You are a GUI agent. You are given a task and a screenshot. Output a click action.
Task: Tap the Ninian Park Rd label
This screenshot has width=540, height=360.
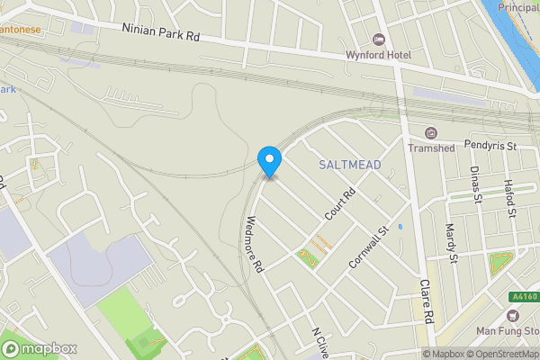coord(160,33)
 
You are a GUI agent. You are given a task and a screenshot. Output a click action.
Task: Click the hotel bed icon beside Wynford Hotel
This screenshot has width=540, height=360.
coord(377,40)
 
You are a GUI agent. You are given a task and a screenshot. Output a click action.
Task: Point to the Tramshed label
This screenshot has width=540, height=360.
coord(430,148)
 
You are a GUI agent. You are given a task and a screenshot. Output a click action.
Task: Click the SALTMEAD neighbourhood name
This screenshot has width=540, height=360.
coord(350,165)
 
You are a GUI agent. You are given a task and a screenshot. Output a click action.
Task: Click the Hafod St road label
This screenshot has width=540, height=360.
coord(509,198)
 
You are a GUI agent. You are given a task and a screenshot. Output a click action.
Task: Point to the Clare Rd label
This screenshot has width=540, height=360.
coord(427,301)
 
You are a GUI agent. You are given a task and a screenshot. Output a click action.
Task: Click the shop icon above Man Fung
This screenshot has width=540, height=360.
coord(514,316)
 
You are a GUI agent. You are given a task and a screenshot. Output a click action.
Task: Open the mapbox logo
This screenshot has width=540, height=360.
coord(37,348)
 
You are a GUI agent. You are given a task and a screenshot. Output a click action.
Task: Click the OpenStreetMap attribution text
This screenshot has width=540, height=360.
coord(503,354)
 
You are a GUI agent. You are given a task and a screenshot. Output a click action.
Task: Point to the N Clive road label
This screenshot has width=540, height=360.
coord(317,343)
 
